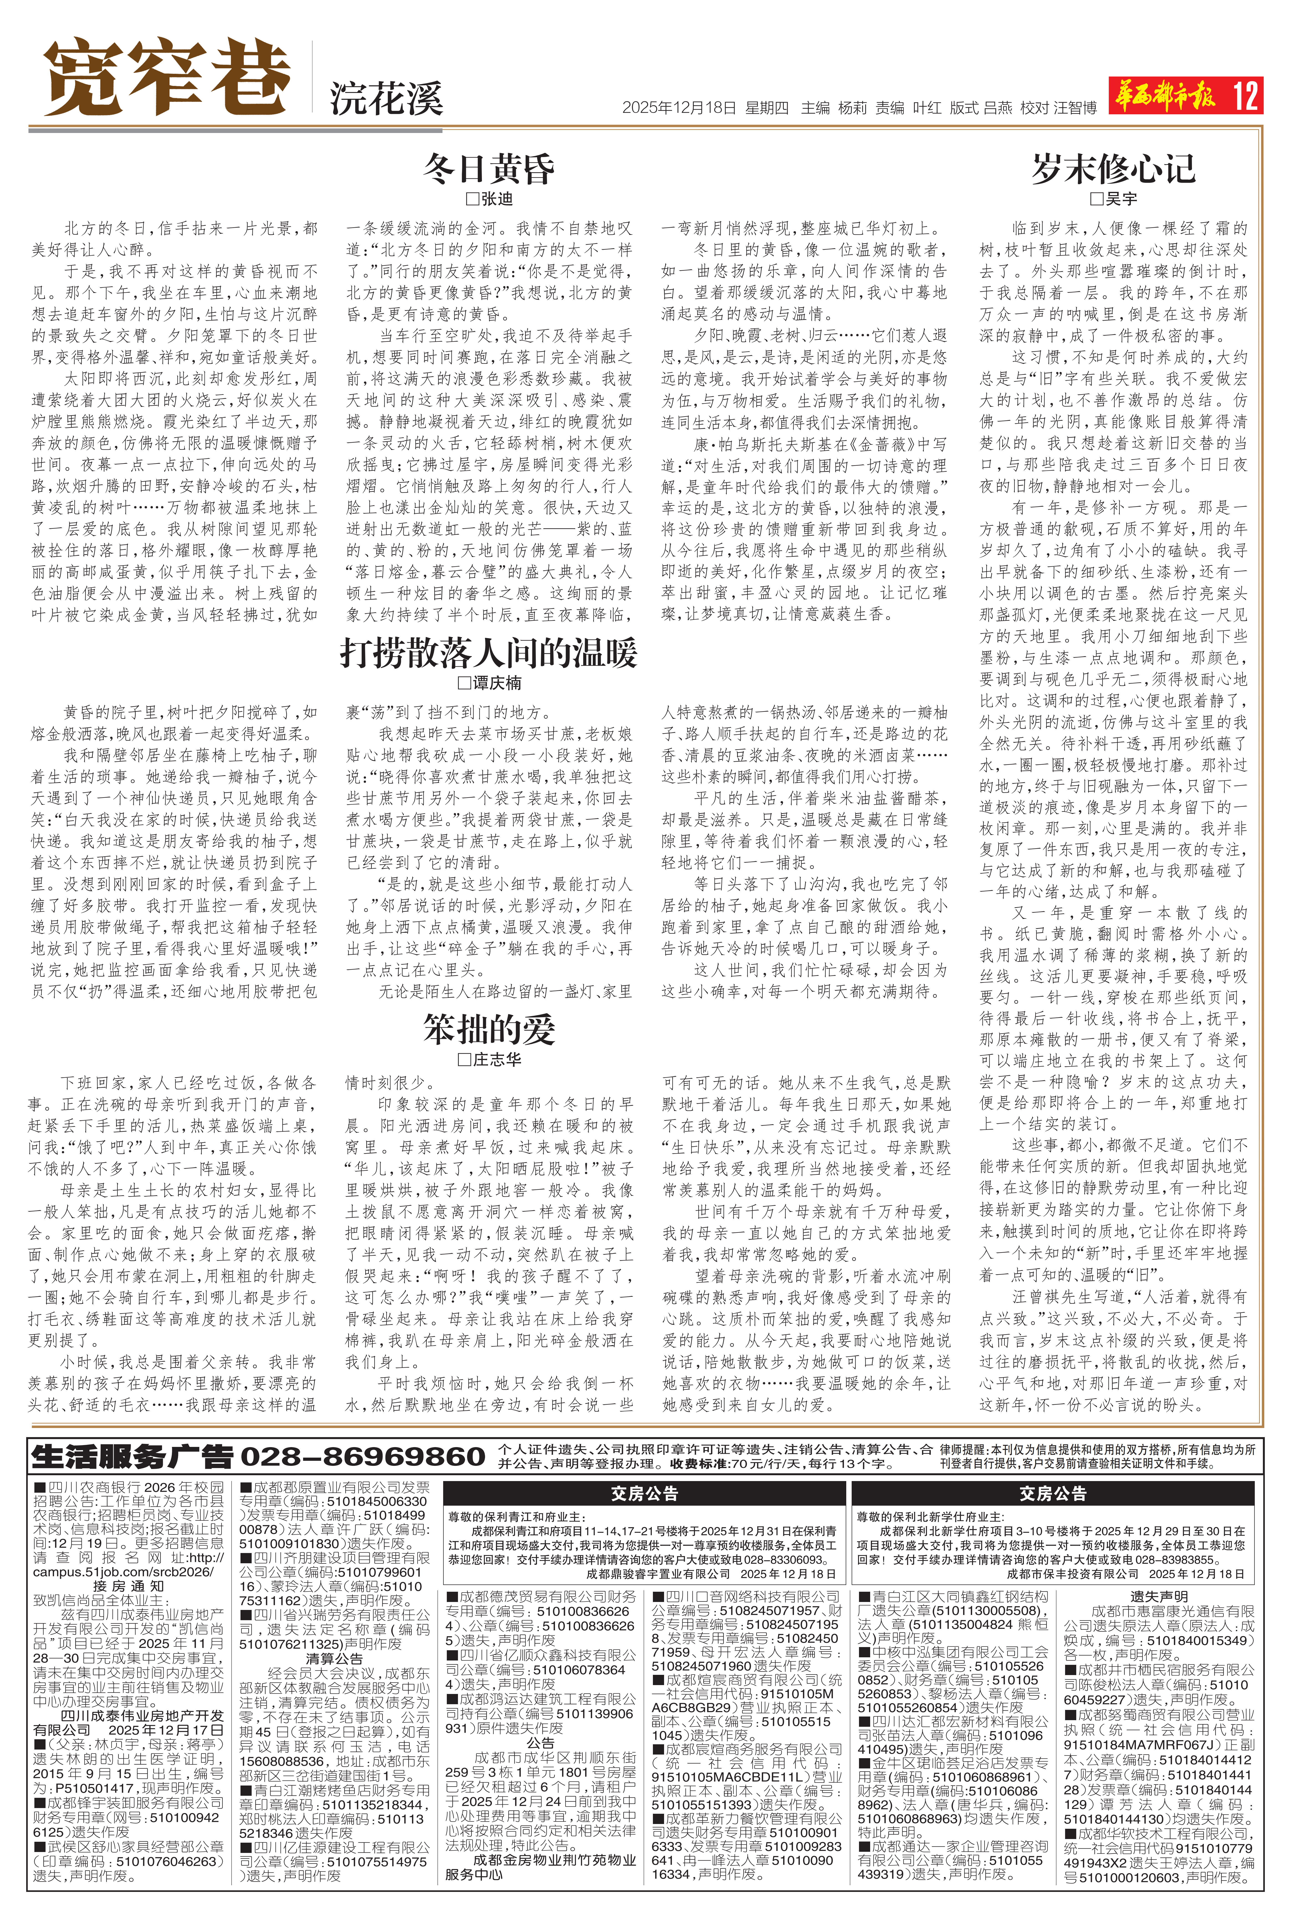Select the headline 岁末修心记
coord(1113,169)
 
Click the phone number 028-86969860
coord(362,1456)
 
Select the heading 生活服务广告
coord(132,1456)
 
